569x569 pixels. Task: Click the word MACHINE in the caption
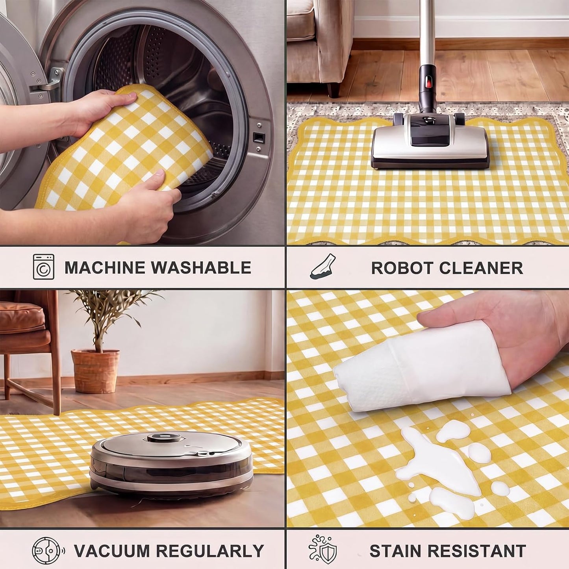click(105, 267)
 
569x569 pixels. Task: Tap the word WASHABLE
click(201, 267)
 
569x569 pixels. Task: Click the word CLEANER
click(481, 268)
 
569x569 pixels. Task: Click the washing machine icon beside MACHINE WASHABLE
click(44, 267)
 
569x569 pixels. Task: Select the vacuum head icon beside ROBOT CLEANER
click(322, 266)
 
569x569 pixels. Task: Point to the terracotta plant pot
click(95, 371)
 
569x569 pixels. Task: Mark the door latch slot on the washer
click(259, 137)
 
